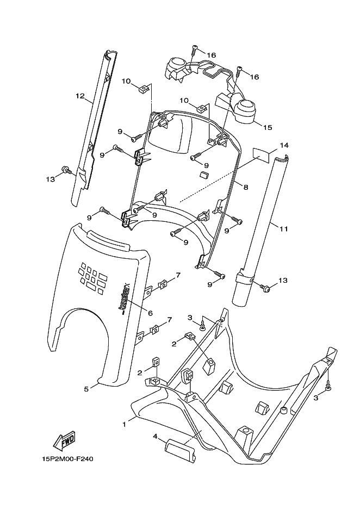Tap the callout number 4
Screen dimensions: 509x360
pyautogui.click(x=155, y=436)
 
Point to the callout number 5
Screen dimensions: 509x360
pyautogui.click(x=86, y=389)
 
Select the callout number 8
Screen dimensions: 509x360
pyautogui.click(x=246, y=187)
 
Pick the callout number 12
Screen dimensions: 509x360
pyautogui.click(x=80, y=96)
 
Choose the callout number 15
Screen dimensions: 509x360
pyautogui.click(x=268, y=128)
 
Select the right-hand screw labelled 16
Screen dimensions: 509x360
pyautogui.click(x=239, y=71)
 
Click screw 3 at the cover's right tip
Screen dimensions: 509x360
pyautogui.click(x=330, y=387)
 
